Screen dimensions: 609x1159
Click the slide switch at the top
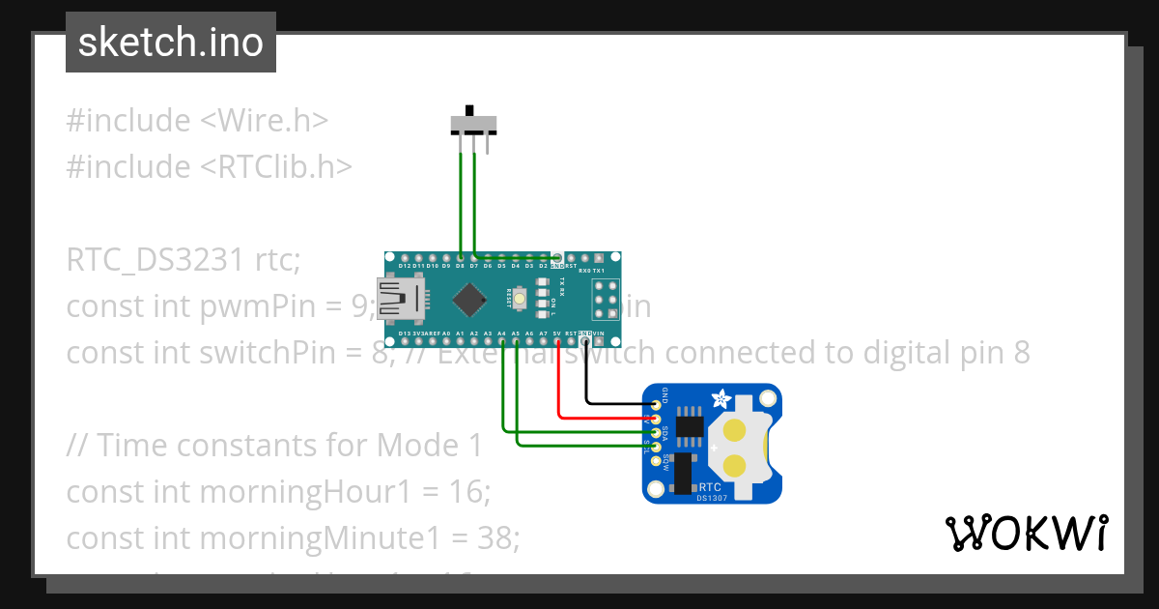475,124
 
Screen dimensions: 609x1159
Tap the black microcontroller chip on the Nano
469,299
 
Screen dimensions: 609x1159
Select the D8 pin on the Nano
460,259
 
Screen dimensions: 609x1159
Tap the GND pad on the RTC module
657,404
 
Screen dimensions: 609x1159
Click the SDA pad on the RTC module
657,432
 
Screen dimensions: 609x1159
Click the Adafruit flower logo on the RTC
721,397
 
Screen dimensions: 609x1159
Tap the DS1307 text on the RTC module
712,498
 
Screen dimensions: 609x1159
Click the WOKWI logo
1026,533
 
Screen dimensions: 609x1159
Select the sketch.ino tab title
170,43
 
